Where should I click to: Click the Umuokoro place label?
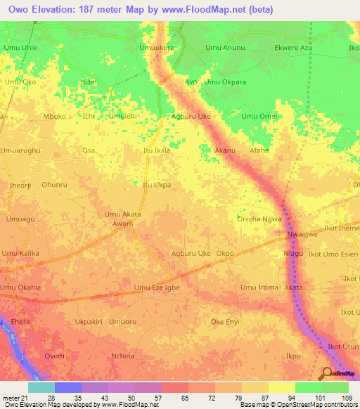click(x=157, y=48)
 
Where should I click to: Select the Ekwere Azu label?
click(x=292, y=48)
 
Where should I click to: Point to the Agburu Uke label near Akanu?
click(x=191, y=117)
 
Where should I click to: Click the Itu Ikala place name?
click(x=157, y=150)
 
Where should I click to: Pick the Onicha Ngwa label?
click(x=259, y=219)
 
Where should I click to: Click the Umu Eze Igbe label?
click(x=157, y=287)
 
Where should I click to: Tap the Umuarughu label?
click(x=22, y=150)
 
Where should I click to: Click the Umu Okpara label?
click(x=224, y=82)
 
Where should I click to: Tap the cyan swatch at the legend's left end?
click(x=41, y=387)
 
